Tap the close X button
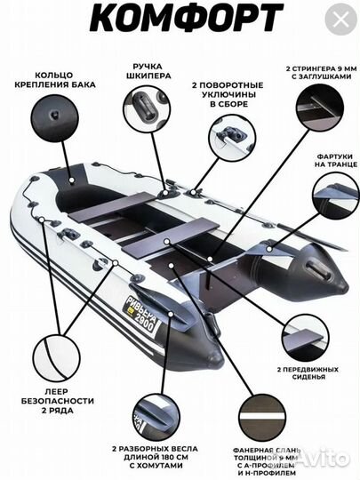pos(340,20)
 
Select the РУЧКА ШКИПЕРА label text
pos(148,71)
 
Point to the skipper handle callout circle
pos(147,109)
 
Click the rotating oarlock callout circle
pos(232,137)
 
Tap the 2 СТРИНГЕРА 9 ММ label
pos(321,72)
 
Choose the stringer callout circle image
pos(320,107)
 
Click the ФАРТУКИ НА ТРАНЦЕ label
pos(336,160)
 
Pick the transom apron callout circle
pos(336,196)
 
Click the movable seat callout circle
pos(306,338)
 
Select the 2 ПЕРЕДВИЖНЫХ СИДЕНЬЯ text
pos(308,372)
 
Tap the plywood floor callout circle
pos(262,418)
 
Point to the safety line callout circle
pos(56,358)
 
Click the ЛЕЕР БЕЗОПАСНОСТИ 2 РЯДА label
pos(58,401)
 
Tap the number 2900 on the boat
pos(146,322)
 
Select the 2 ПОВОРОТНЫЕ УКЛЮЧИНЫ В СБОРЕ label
pos(228,94)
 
